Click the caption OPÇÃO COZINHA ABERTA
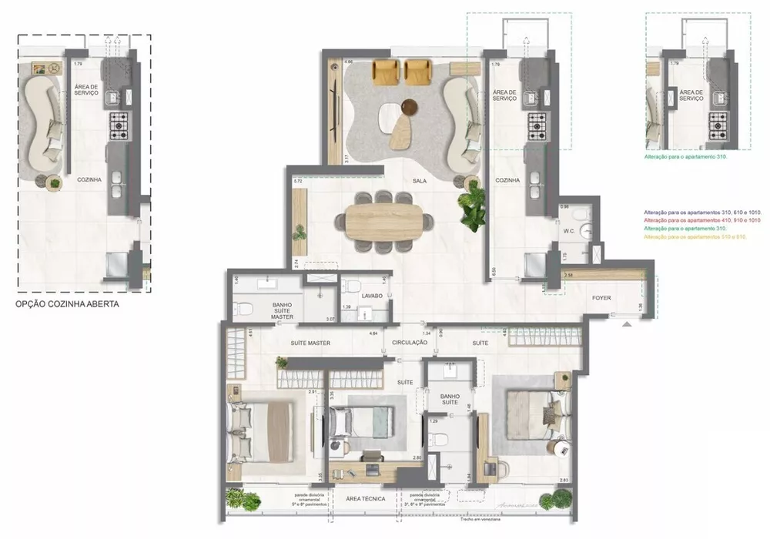tap(68, 304)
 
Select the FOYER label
tap(601, 296)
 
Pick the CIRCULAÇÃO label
tap(409, 342)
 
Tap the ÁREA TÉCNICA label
tap(366, 499)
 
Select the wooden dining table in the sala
tap(390, 222)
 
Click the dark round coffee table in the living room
tap(410, 107)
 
